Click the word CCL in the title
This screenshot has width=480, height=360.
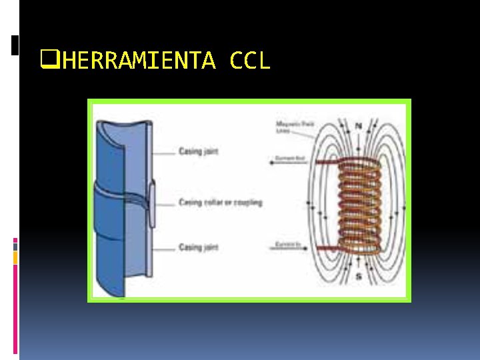249,61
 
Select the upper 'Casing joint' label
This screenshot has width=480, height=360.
199,151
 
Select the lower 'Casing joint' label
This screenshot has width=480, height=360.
199,247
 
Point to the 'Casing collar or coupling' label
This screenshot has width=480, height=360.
220,202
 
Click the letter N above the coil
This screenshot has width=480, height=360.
359,125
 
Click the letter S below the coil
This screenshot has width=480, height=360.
359,275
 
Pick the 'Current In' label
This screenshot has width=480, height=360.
287,245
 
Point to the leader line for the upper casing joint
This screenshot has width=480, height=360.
163,152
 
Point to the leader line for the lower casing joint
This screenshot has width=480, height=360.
163,247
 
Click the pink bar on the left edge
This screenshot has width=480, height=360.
15,300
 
